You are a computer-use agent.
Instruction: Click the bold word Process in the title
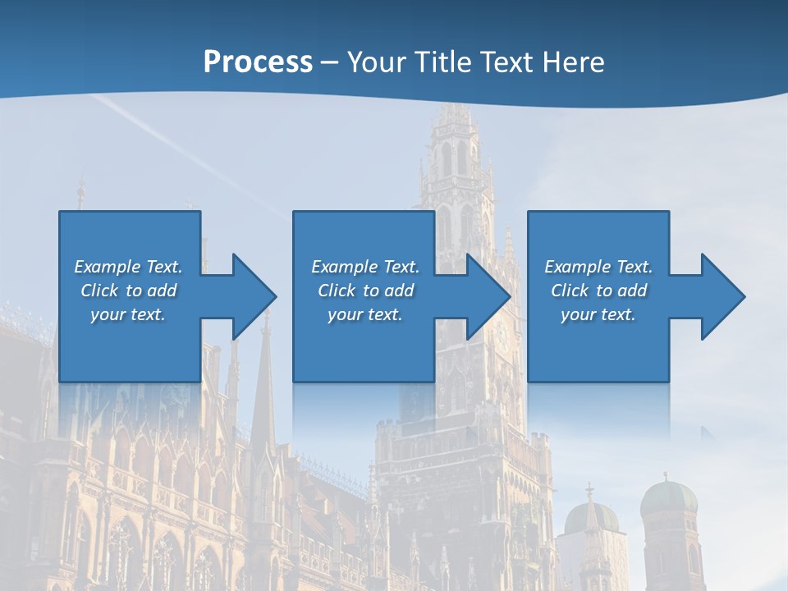pyautogui.click(x=258, y=62)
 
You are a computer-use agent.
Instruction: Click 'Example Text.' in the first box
pyautogui.click(x=128, y=267)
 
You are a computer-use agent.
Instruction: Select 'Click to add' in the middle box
pyautogui.click(x=365, y=291)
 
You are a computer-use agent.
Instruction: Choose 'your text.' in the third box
pyautogui.click(x=598, y=314)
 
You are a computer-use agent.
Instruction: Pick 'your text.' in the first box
pyautogui.click(x=128, y=314)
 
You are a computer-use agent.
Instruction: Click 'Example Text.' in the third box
pyautogui.click(x=598, y=267)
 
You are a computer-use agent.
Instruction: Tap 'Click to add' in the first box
pyautogui.click(x=128, y=291)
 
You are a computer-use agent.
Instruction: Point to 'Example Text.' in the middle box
pyautogui.click(x=365, y=267)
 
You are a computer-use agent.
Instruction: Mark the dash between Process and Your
pyautogui.click(x=329, y=62)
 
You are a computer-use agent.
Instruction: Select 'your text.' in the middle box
pyautogui.click(x=365, y=314)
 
